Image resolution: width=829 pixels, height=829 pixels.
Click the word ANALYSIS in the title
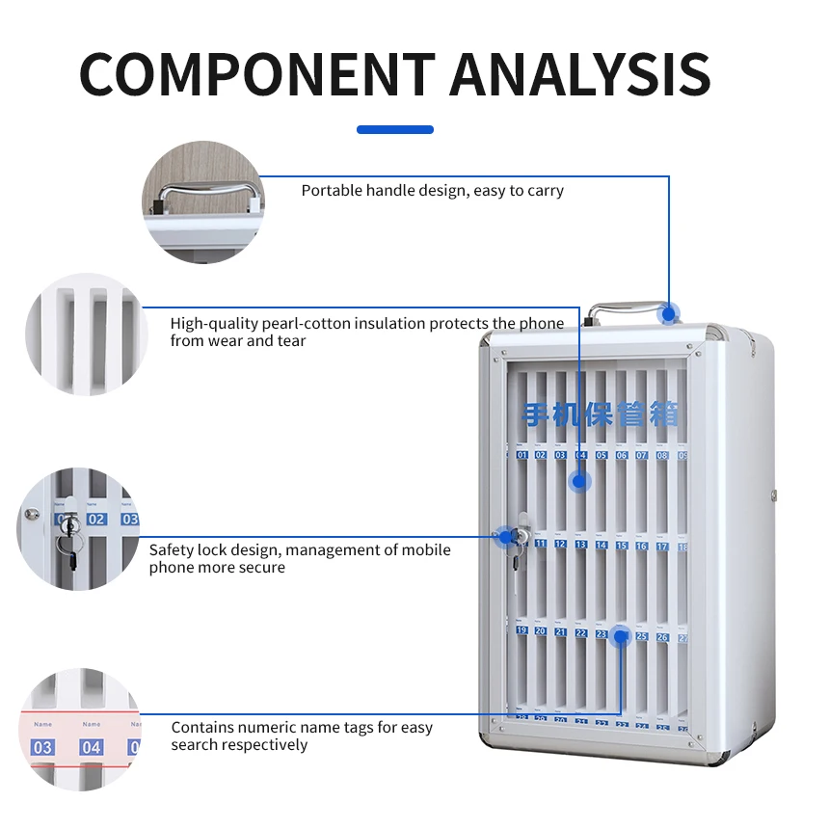tap(580, 73)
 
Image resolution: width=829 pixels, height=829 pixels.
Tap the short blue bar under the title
tap(395, 129)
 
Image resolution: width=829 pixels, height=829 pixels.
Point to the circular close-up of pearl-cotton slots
tap(85, 334)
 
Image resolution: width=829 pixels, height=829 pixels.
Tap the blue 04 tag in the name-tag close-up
tap(92, 747)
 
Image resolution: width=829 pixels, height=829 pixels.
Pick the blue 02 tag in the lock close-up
tap(96, 519)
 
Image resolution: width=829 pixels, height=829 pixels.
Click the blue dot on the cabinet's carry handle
tap(668, 312)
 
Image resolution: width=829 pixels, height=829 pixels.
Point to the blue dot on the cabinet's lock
tap(505, 537)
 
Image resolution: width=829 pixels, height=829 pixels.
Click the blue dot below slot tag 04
tap(579, 481)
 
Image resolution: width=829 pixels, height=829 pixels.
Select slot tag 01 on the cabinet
tap(522, 455)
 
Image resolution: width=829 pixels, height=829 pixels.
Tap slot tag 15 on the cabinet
tap(622, 546)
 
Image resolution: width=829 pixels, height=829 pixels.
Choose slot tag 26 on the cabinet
tap(662, 637)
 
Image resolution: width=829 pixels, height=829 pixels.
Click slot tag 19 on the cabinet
tap(521, 631)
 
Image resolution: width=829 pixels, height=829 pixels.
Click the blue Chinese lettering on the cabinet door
tap(600, 414)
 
